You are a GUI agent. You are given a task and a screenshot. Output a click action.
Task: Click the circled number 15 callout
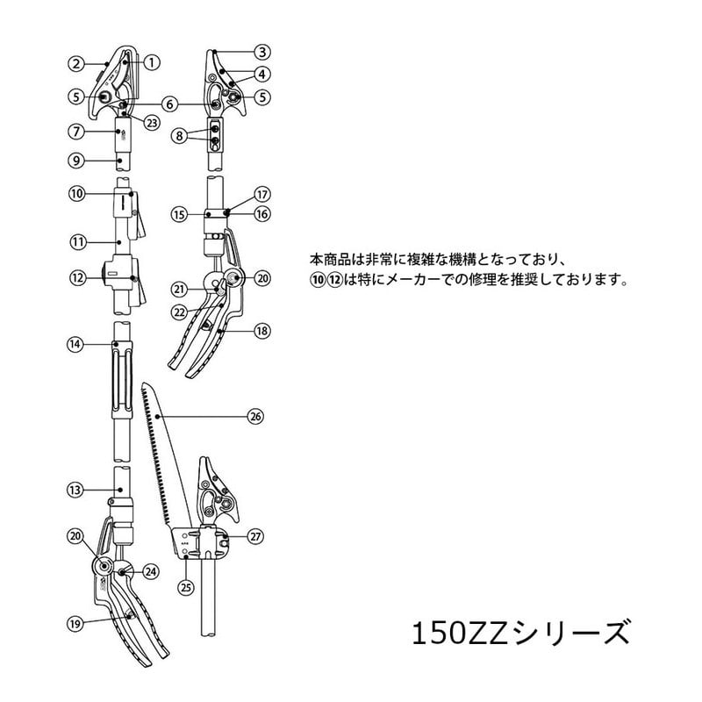[x=179, y=213]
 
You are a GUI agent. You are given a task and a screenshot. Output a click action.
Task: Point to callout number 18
[x=261, y=331]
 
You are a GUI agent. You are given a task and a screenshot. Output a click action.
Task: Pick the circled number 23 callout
[x=151, y=123]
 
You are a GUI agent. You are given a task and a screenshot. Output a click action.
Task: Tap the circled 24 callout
[x=151, y=571]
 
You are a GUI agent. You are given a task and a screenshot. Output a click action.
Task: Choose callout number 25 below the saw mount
[x=185, y=585]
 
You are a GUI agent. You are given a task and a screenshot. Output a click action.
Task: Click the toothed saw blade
[x=160, y=456]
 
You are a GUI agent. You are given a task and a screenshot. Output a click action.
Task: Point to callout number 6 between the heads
[x=170, y=104]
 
